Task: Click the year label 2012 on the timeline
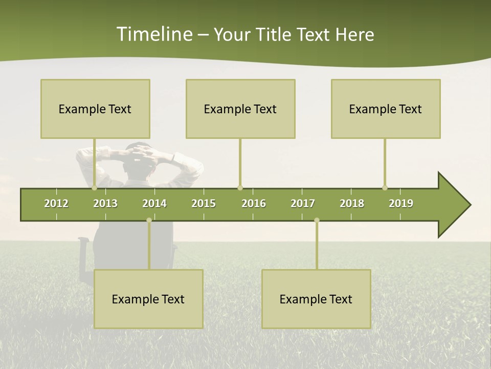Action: pos(56,203)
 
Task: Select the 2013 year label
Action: pos(105,203)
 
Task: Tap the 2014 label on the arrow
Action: pos(154,203)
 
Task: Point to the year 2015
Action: pos(204,203)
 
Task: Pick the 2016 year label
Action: pos(254,203)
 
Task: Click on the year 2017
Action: pos(303,203)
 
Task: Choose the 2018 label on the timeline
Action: pos(352,203)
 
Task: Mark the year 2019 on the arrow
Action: pos(401,203)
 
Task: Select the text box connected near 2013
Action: pos(95,109)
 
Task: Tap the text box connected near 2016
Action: pos(240,109)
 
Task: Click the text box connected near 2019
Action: pos(386,109)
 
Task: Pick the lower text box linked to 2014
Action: pos(148,299)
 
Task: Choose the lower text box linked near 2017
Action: pos(316,299)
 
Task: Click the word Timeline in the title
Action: pos(154,34)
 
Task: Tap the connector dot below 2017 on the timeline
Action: pos(317,220)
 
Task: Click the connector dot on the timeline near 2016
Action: pos(240,188)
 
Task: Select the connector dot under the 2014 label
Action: pos(149,220)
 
